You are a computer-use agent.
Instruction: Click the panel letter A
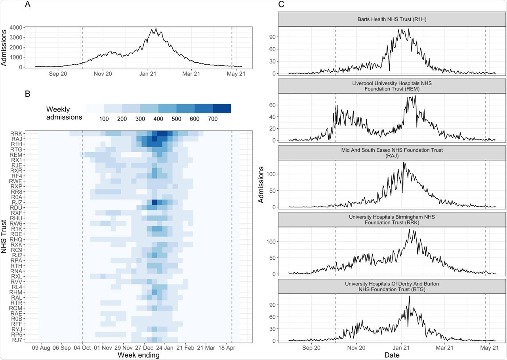click(x=28, y=5)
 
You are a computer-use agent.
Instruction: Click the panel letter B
click(x=28, y=94)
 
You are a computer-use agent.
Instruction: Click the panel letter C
click(x=281, y=5)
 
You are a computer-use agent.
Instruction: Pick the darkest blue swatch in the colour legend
click(x=222, y=109)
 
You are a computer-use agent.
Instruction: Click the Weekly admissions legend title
click(x=64, y=113)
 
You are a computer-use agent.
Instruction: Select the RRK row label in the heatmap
click(x=17, y=133)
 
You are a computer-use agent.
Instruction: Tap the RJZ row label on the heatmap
click(x=17, y=203)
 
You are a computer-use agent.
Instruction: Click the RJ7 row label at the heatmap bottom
click(x=17, y=339)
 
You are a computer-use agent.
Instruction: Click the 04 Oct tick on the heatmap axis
click(x=82, y=348)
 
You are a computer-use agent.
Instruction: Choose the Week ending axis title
click(x=138, y=355)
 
